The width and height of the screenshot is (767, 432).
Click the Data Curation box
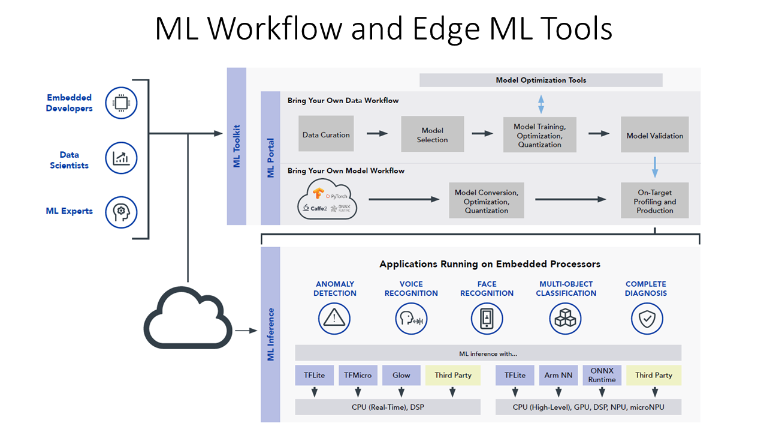pyautogui.click(x=326, y=134)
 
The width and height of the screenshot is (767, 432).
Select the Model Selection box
pyautogui.click(x=432, y=134)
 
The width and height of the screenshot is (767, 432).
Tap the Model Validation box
pyautogui.click(x=654, y=135)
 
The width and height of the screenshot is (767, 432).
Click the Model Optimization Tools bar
pyautogui.click(x=540, y=80)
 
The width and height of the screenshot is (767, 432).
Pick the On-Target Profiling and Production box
pyautogui.click(x=654, y=202)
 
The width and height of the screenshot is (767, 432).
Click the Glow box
pyautogui.click(x=401, y=375)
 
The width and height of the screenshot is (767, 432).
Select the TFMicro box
pyautogui.click(x=358, y=375)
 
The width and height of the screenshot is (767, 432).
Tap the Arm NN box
pyautogui.click(x=558, y=375)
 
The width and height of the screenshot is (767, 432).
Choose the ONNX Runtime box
pyautogui.click(x=602, y=375)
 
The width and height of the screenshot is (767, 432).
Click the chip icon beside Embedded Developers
pyautogui.click(x=121, y=103)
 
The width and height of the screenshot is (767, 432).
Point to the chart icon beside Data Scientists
pyautogui.click(x=121, y=158)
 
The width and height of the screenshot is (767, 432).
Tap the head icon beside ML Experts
pyautogui.click(x=121, y=212)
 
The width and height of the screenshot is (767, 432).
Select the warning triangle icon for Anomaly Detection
pyautogui.click(x=334, y=319)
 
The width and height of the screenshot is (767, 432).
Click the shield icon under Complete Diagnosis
pyautogui.click(x=647, y=319)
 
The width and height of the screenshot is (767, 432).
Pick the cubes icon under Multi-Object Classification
pyautogui.click(x=565, y=319)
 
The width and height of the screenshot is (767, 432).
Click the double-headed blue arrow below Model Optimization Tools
pyautogui.click(x=540, y=103)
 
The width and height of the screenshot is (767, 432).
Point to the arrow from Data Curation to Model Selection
pyautogui.click(x=377, y=133)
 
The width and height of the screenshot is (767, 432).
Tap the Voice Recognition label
pyautogui.click(x=411, y=289)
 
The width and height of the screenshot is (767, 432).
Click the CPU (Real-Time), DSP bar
pyautogui.click(x=388, y=407)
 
